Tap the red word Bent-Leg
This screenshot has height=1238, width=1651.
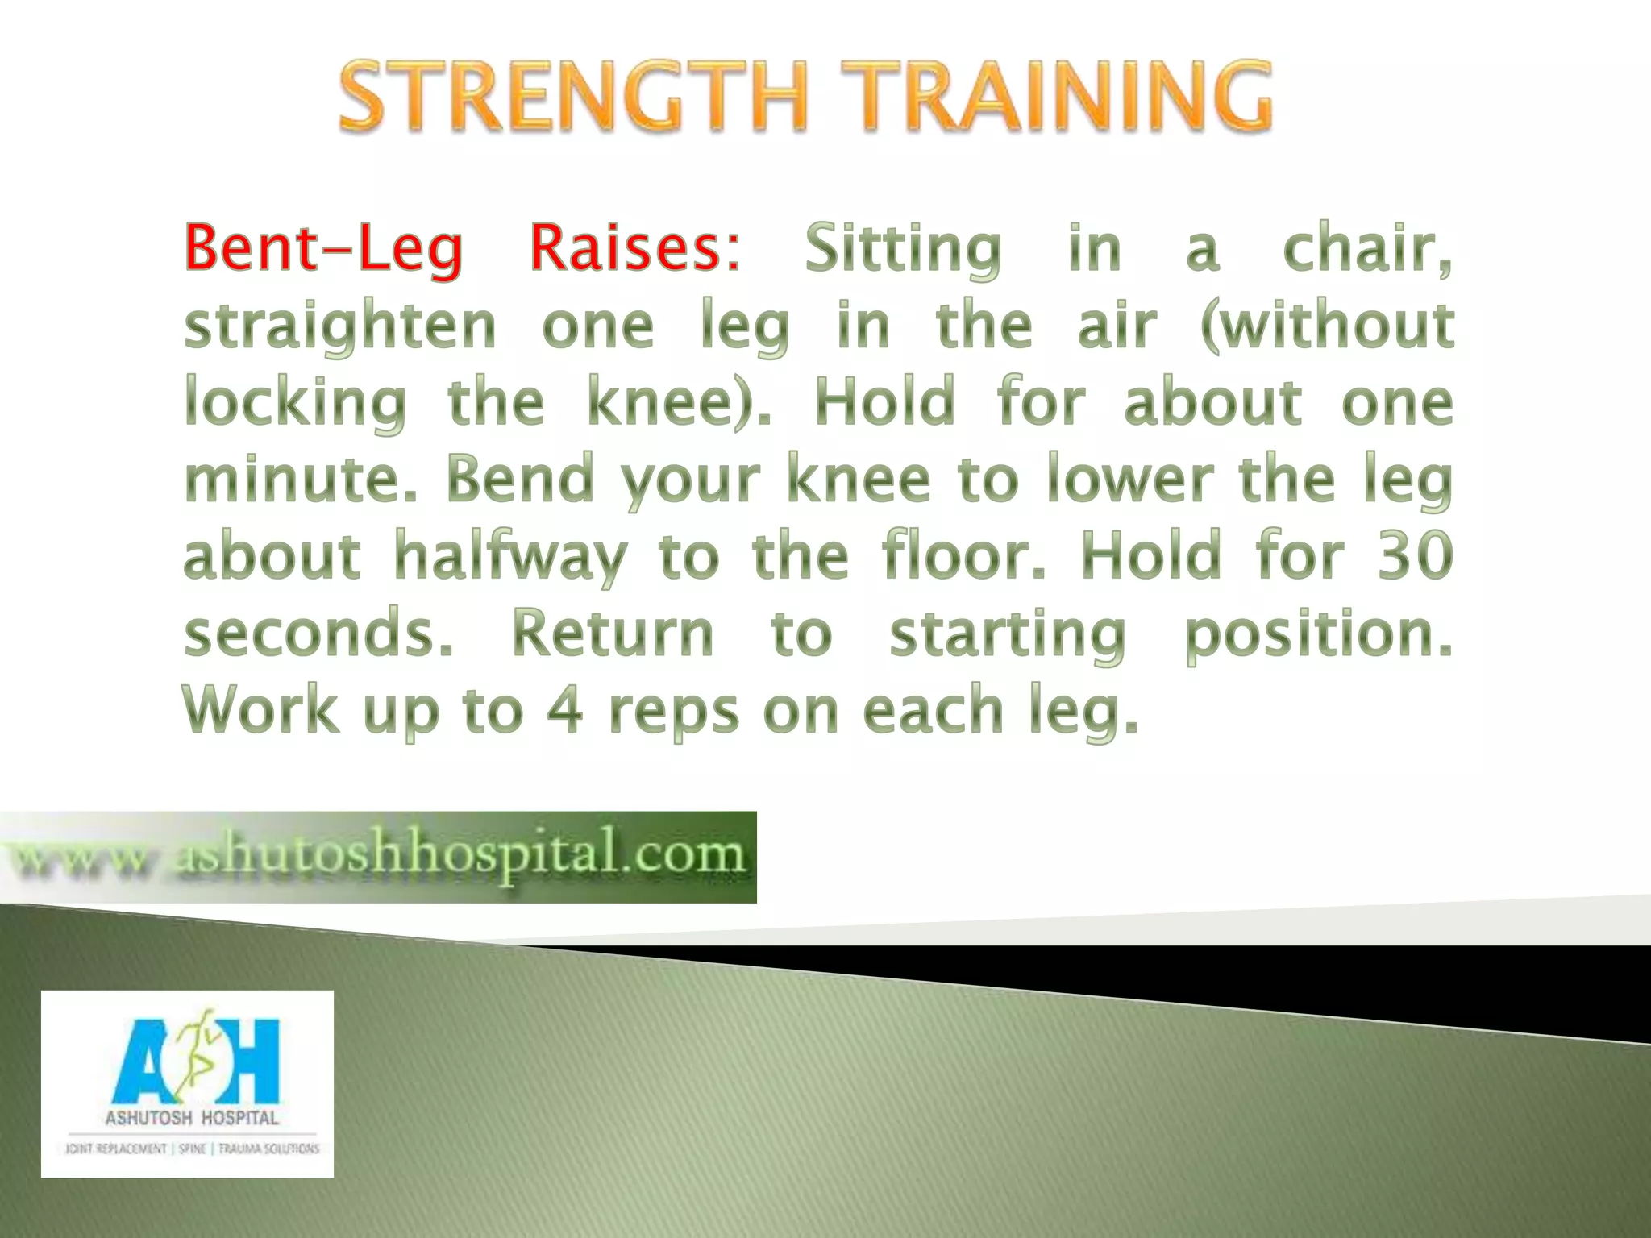coord(323,248)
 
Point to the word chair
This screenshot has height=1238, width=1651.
coord(1366,248)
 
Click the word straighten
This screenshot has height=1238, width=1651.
coord(339,326)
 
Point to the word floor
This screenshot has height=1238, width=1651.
coord(963,555)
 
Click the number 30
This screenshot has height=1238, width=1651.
coord(1415,555)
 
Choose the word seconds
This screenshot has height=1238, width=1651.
coord(318,633)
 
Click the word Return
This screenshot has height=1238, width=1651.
coord(613,633)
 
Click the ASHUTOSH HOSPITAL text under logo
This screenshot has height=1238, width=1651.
coord(192,1118)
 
